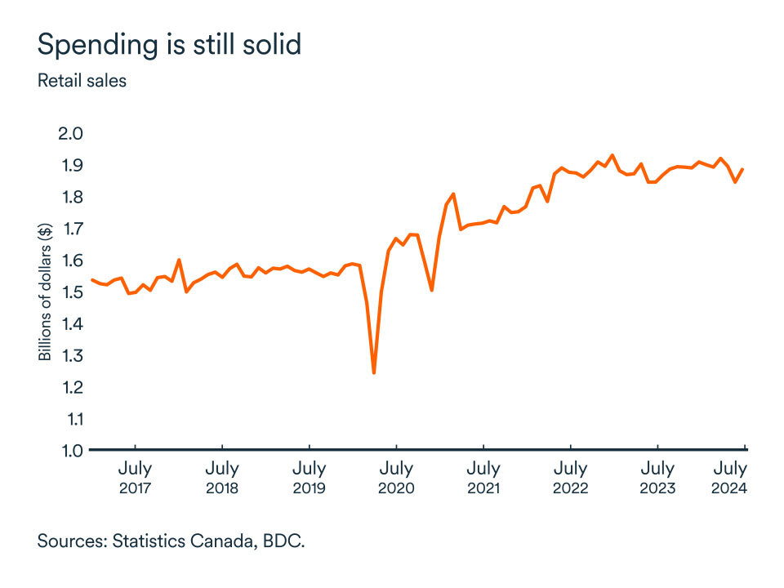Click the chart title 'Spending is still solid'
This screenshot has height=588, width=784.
click(169, 45)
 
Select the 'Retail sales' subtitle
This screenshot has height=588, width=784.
click(82, 81)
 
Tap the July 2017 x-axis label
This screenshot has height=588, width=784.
click(135, 478)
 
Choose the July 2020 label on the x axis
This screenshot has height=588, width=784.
click(396, 478)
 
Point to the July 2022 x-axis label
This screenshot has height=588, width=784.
click(570, 478)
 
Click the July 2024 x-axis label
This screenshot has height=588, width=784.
click(730, 478)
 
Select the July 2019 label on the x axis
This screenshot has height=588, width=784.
click(309, 478)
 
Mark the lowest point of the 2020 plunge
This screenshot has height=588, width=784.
click(373, 373)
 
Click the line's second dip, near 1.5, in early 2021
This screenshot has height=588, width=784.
click(431, 290)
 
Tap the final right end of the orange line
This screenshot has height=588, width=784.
click(742, 170)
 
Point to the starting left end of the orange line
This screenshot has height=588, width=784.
click(91, 280)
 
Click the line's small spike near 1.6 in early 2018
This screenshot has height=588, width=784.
click(179, 261)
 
